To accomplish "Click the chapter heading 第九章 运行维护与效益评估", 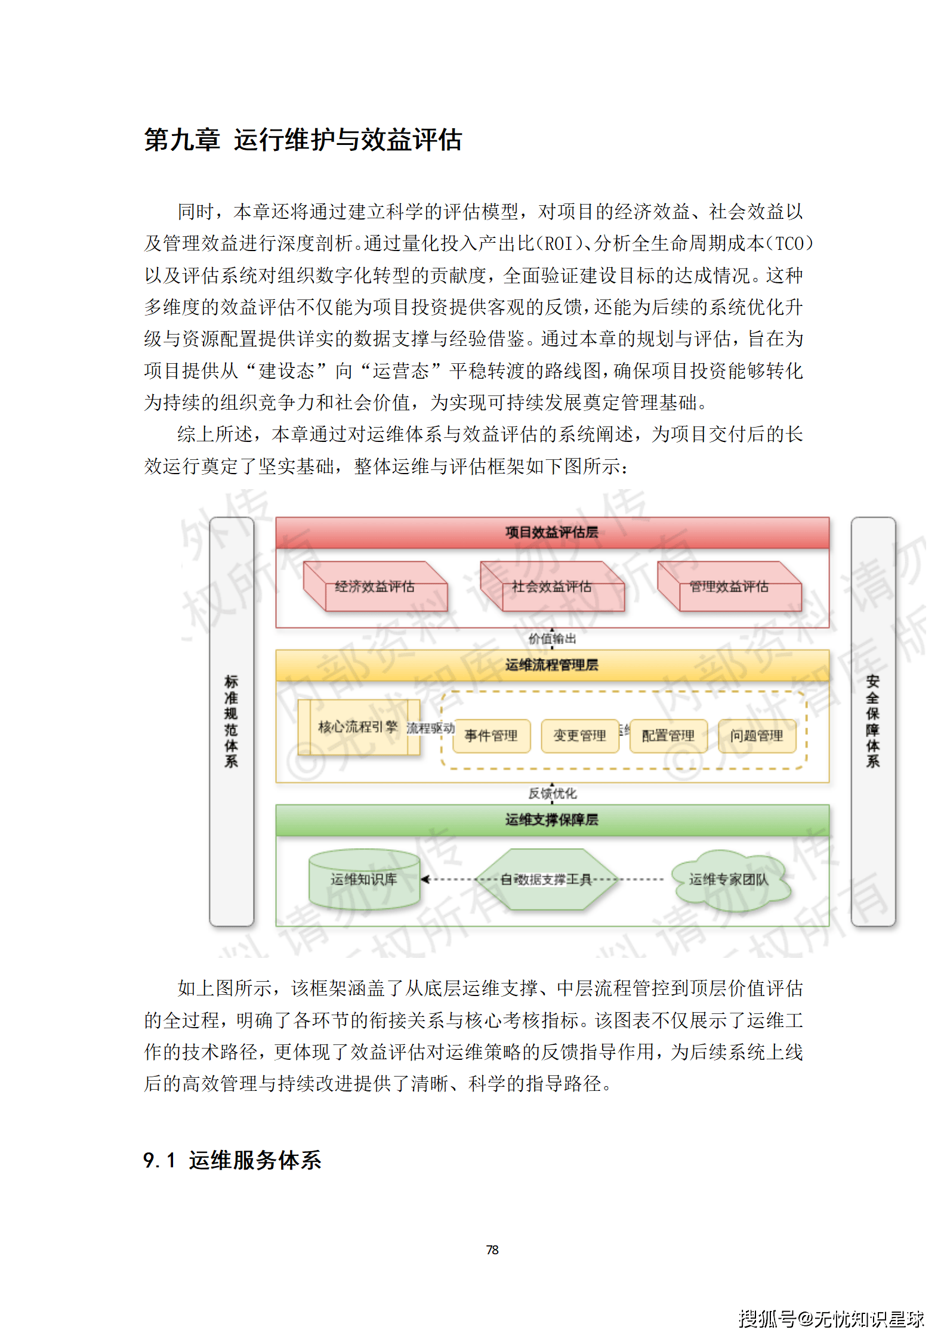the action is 303,140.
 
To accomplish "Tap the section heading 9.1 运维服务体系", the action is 232,1160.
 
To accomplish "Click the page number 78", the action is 492,1250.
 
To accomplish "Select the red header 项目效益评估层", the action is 552,533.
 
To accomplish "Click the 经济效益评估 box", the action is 375,587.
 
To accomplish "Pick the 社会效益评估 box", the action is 552,587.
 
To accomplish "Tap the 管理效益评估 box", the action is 729,587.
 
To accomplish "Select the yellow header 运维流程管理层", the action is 552,665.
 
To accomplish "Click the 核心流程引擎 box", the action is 358,727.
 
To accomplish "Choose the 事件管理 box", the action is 491,736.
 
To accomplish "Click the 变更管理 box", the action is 579,736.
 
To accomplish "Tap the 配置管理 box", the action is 668,736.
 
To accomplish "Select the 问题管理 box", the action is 757,736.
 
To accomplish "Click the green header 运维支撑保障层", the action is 552,820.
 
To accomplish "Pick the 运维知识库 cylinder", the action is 364,879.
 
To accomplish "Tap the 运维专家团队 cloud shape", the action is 729,880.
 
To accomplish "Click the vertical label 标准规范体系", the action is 232,721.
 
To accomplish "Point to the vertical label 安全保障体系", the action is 873,721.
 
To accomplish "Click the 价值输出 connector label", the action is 553,639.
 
